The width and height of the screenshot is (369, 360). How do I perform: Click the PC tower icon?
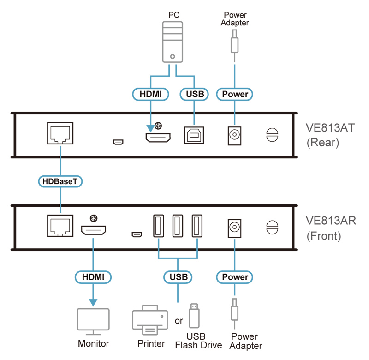pos(173,42)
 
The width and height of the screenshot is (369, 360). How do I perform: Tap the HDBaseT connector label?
pos(60,181)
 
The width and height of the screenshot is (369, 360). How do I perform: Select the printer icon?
pos(150,320)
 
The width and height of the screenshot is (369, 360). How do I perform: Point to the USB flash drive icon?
pos(194,316)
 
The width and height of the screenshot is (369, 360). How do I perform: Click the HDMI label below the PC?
pos(151,94)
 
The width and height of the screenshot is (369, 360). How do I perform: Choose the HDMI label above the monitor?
pos(93,277)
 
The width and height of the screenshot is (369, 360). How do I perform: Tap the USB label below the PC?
pos(194,94)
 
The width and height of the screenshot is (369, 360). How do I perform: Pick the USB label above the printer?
pos(178,277)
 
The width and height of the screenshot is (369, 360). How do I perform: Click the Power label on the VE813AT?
pos(235,94)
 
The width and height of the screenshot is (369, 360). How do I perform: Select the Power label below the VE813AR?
pos(235,277)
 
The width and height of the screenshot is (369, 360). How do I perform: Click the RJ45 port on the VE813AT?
pos(60,133)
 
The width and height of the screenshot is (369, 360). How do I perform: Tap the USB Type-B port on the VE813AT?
pos(194,135)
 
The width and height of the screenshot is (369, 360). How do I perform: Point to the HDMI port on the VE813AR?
pos(94,230)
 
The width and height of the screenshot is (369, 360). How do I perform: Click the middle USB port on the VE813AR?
pos(178,226)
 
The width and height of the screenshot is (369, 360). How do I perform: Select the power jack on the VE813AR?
pos(235,228)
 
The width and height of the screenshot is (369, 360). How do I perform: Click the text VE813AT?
pos(330,128)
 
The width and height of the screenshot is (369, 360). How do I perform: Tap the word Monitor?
pos(94,343)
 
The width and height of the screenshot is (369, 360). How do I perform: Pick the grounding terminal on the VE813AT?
pos(272,135)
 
